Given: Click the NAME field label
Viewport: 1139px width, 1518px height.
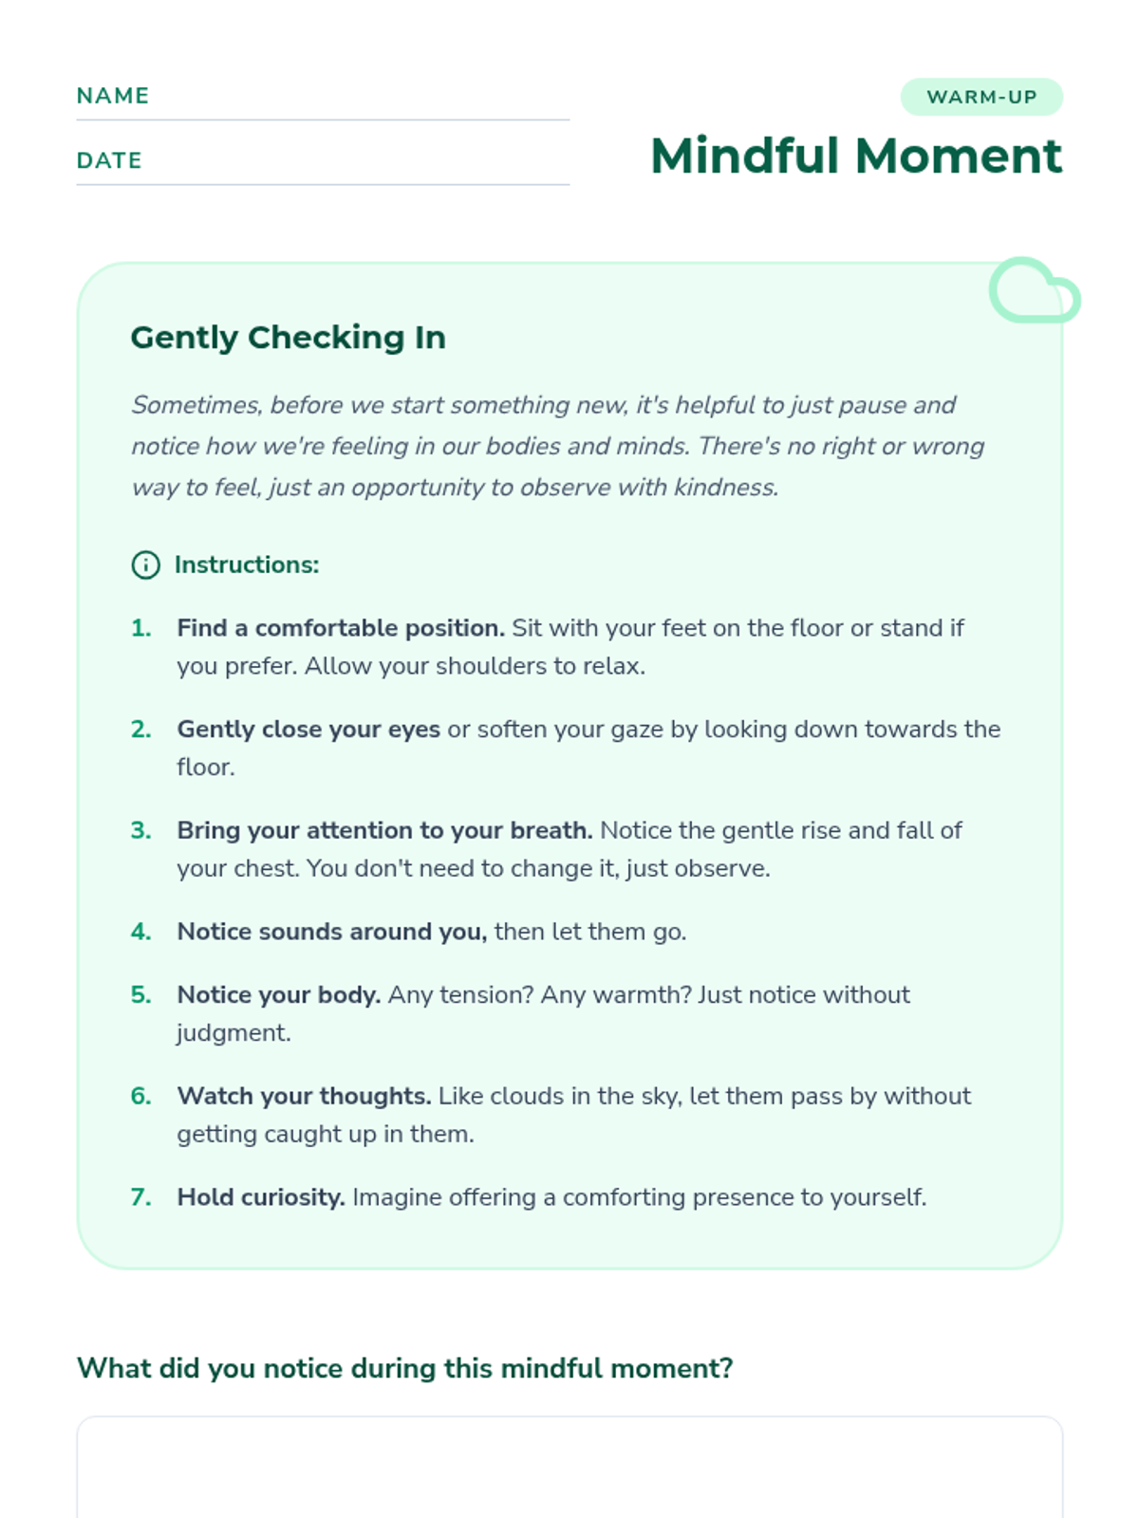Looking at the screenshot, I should click(x=113, y=96).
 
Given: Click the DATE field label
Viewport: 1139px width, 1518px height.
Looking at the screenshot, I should click(x=109, y=160).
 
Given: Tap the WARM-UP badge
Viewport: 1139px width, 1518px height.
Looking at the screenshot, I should click(x=981, y=97).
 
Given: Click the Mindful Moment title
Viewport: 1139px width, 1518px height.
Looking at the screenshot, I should click(x=855, y=156).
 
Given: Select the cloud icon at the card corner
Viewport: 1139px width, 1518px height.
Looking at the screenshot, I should click(x=1034, y=291).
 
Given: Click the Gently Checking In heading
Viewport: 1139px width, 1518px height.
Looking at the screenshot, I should click(x=288, y=338).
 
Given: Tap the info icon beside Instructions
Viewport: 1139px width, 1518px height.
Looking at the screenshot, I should click(x=145, y=565).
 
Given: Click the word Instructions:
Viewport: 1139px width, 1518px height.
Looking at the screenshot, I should click(x=247, y=565).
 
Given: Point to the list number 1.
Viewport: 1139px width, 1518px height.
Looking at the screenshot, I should click(x=141, y=628).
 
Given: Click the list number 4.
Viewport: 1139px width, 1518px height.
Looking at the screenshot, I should click(x=141, y=932).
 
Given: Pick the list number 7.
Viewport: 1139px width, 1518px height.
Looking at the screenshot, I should click(x=141, y=1197).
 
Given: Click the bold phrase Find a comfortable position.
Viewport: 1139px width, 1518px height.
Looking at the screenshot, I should click(x=341, y=628).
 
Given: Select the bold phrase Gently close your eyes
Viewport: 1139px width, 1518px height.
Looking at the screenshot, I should click(x=308, y=730).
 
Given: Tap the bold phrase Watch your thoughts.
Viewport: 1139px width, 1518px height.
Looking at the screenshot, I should click(x=304, y=1096).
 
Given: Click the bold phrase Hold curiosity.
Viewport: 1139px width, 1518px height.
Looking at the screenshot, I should click(x=261, y=1197).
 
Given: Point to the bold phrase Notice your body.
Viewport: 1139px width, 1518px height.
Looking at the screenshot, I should click(x=278, y=995).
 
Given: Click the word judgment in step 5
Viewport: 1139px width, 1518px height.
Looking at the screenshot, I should click(x=233, y=1033).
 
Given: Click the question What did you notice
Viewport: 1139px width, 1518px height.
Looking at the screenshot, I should click(x=404, y=1368).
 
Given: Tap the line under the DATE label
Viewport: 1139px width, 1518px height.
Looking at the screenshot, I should click(x=323, y=184).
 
